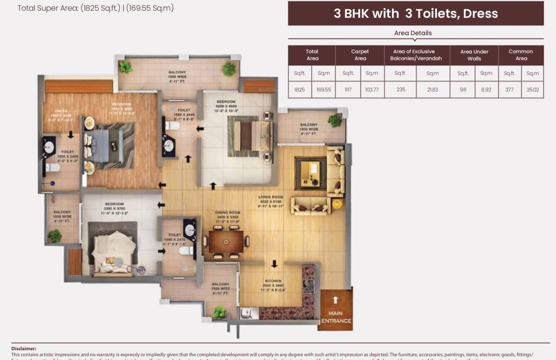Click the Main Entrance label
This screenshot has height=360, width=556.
(x=336, y=317)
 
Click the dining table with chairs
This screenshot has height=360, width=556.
(x=226, y=242)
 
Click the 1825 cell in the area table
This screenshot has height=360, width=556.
(x=300, y=89)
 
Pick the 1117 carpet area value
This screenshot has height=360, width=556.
(x=348, y=89)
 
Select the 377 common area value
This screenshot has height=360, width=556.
(x=510, y=89)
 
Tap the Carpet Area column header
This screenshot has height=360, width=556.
(x=360, y=55)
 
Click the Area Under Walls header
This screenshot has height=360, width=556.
(x=474, y=55)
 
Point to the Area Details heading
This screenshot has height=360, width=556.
(x=413, y=33)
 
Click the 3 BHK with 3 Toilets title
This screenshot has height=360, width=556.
(x=416, y=14)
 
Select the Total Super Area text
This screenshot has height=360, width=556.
(x=95, y=8)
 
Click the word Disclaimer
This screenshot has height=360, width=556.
(x=23, y=348)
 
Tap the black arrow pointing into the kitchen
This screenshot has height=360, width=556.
(x=274, y=264)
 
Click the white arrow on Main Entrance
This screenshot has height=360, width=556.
(x=335, y=300)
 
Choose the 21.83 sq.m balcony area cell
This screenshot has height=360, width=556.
(x=432, y=89)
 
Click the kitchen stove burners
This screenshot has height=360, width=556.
(x=308, y=286)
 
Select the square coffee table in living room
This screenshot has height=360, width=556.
(x=310, y=172)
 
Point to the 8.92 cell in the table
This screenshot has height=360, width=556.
(x=486, y=89)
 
